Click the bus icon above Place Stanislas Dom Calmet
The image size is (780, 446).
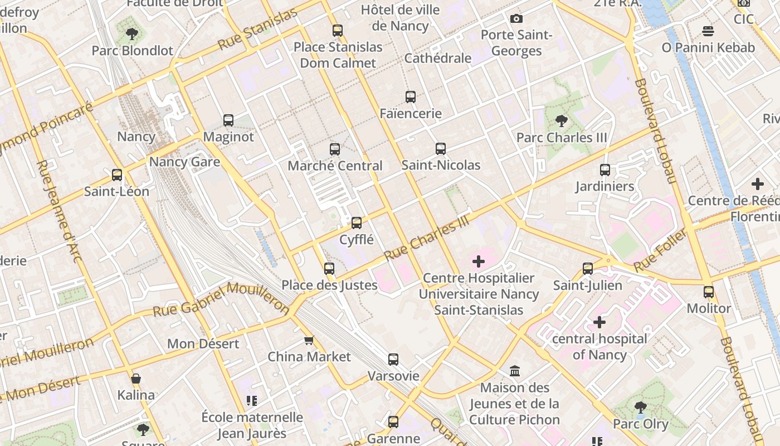(338, 31)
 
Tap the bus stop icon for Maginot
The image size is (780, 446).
(228, 120)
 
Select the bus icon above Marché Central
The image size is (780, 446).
(335, 149)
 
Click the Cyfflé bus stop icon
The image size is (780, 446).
(357, 224)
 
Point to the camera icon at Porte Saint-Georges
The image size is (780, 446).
(516, 19)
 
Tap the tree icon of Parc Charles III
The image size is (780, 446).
(562, 121)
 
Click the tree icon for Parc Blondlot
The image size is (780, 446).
(132, 34)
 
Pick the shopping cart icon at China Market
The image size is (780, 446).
(309, 340)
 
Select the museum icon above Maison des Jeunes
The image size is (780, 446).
(515, 371)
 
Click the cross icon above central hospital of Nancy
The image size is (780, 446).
(599, 322)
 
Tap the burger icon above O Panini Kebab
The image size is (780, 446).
(708, 31)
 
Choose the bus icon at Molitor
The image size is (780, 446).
(709, 292)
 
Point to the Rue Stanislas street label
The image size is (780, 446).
(257, 30)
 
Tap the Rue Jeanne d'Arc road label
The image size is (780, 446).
(59, 211)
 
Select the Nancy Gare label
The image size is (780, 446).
(184, 162)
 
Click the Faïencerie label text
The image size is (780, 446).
(411, 114)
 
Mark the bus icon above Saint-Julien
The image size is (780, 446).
(588, 269)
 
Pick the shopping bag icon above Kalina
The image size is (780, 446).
(136, 379)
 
